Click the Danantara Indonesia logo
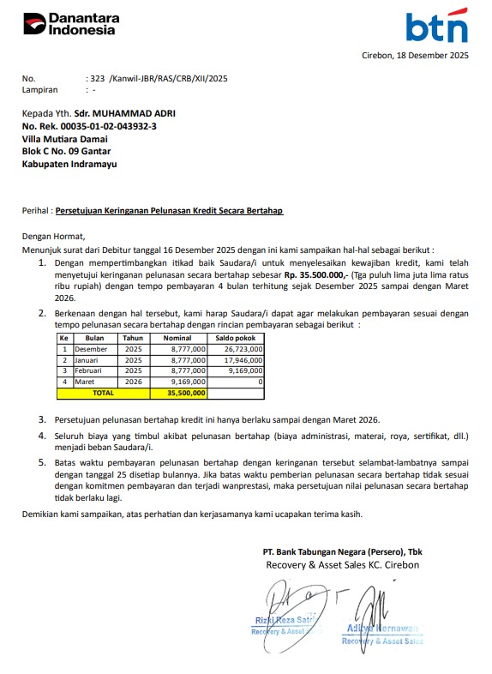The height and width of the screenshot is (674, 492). tap(69, 24)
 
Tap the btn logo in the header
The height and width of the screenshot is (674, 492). tap(436, 27)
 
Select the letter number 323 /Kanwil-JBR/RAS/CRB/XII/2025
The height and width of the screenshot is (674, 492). tap(159, 78)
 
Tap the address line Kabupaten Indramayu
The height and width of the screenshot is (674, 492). tap(69, 164)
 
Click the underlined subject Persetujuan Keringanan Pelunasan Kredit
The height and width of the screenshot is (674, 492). tap(169, 210)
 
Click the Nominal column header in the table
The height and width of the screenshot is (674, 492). tap(178, 339)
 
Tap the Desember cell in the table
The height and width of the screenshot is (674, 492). tap(91, 350)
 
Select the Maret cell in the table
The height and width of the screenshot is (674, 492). tap(86, 382)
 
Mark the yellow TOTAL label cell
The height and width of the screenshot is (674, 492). tap(103, 393)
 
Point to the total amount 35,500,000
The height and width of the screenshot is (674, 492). tap(186, 393)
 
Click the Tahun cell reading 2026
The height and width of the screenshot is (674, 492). tap(134, 382)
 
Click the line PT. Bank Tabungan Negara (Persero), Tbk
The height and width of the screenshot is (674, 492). tap(343, 551)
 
